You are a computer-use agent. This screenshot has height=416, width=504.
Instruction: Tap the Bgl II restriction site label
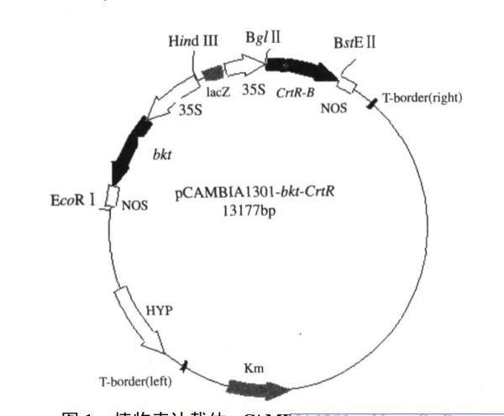[x=264, y=39]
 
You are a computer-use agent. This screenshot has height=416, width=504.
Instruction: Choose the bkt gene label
[x=162, y=155]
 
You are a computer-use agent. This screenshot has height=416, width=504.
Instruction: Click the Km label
[x=252, y=367]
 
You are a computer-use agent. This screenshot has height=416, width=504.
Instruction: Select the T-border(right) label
[x=422, y=97]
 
